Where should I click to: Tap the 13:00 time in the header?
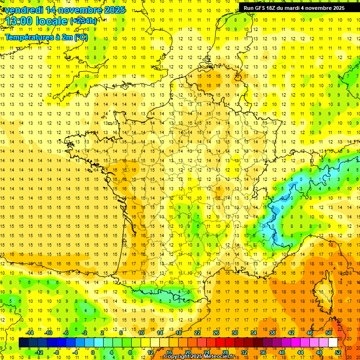point(17,21)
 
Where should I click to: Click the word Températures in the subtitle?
point(30,37)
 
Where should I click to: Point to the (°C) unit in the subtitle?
point(80,37)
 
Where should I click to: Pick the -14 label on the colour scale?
point(30,333)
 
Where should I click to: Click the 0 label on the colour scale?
point(93,352)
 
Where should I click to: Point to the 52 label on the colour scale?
point(338,352)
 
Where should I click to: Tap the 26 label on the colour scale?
point(216,333)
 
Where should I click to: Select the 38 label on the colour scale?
point(272,333)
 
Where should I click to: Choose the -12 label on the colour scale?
point(39,352)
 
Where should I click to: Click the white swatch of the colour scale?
point(333,343)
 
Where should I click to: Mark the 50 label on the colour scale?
point(328,333)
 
